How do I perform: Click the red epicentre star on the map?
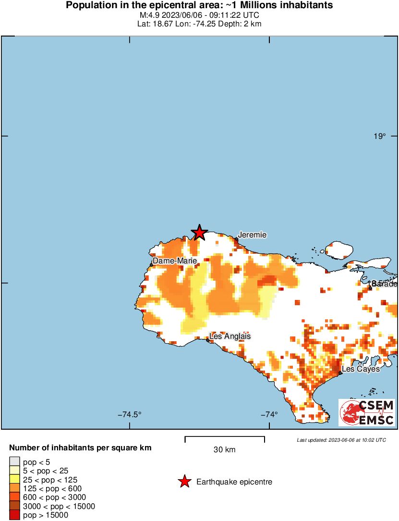point(199,233)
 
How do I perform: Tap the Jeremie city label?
point(252,235)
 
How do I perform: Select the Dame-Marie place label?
point(175,260)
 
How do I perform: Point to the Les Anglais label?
point(230,336)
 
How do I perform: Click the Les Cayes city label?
point(361,369)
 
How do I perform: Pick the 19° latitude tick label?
point(380,136)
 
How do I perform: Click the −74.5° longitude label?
point(131,414)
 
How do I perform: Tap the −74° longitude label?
point(269,414)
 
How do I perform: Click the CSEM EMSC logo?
point(367,412)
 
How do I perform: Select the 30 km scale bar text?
point(225,450)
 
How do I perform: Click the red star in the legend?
point(184,482)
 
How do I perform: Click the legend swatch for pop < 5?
point(15,462)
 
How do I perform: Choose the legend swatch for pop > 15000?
point(15,515)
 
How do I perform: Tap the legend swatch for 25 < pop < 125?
point(15,480)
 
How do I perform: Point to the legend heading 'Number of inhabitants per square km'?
point(81,448)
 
